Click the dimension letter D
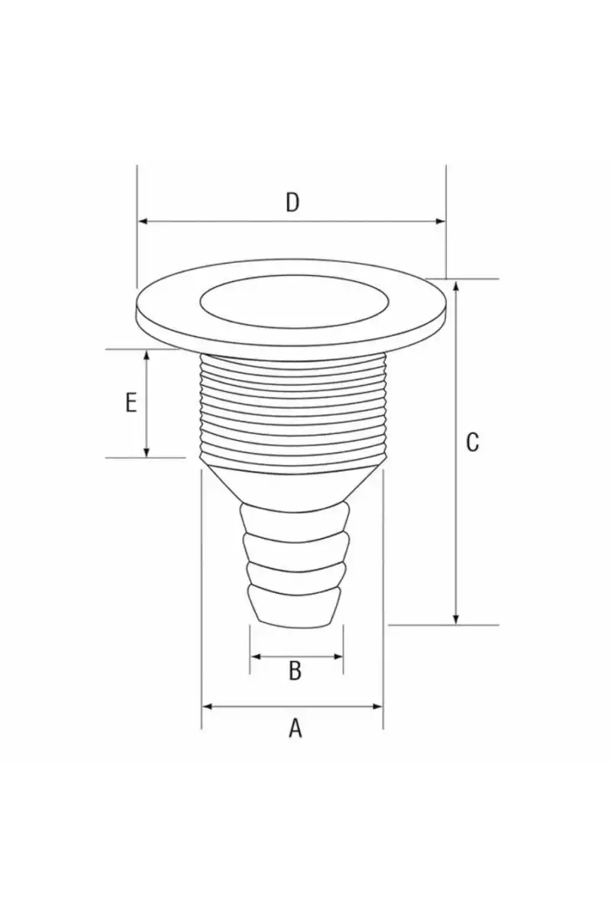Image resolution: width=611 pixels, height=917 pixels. (293, 203)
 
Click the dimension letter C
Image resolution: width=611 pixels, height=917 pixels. (472, 442)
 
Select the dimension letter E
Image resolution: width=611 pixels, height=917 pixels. (131, 403)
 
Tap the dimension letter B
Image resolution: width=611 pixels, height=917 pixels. (295, 671)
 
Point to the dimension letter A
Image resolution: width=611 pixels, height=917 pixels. (295, 729)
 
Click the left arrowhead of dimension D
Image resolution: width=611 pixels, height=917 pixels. (144, 222)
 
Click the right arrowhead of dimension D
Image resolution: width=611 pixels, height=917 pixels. (441, 222)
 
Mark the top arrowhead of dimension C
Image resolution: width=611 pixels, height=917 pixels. (456, 285)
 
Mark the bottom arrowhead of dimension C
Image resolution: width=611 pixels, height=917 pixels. (456, 620)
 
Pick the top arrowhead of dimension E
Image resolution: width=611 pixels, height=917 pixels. (147, 355)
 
